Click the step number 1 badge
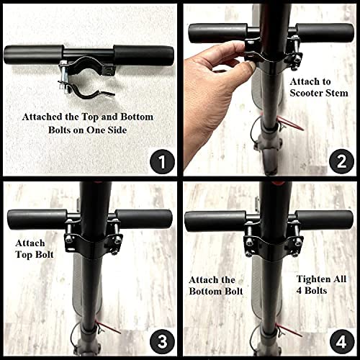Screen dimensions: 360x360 pyautogui.click(x=162, y=161)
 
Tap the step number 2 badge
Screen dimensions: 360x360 pyautogui.click(x=341, y=161)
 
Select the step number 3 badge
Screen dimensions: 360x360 pyautogui.click(x=162, y=341)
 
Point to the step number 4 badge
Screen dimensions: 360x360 pyautogui.click(x=341, y=341)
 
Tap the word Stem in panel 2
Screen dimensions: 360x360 pyautogui.click(x=336, y=93)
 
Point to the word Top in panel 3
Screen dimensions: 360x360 pyautogui.click(x=23, y=255)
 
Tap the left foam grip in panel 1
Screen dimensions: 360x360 pyautogui.click(x=33, y=54)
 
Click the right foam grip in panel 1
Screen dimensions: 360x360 pyautogui.click(x=143, y=55)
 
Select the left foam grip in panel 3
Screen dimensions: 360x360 pyautogui.click(x=37, y=220)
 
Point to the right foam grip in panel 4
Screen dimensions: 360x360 pyautogui.click(x=324, y=220)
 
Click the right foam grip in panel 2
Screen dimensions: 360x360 pyautogui.click(x=325, y=33)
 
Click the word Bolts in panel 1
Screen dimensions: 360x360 pyautogui.click(x=64, y=130)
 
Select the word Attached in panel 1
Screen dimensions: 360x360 pyautogui.click(x=42, y=117)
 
